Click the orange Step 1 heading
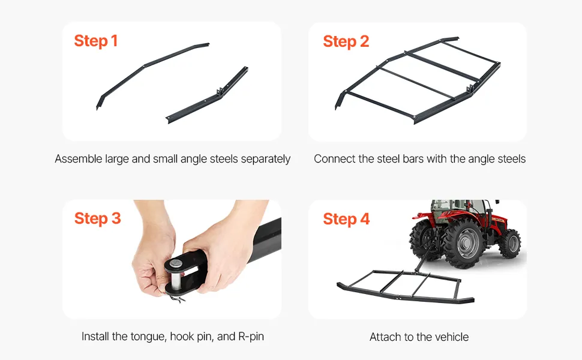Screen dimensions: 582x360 (96, 41)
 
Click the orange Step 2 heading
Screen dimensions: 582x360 (346, 41)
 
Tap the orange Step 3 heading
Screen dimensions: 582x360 (98, 218)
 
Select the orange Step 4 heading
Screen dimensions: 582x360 (346, 219)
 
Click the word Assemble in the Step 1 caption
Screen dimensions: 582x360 (79, 159)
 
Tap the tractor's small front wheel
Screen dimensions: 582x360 (510, 244)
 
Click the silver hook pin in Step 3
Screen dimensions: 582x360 (176, 275)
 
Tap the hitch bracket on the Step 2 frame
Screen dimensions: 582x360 (470, 89)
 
